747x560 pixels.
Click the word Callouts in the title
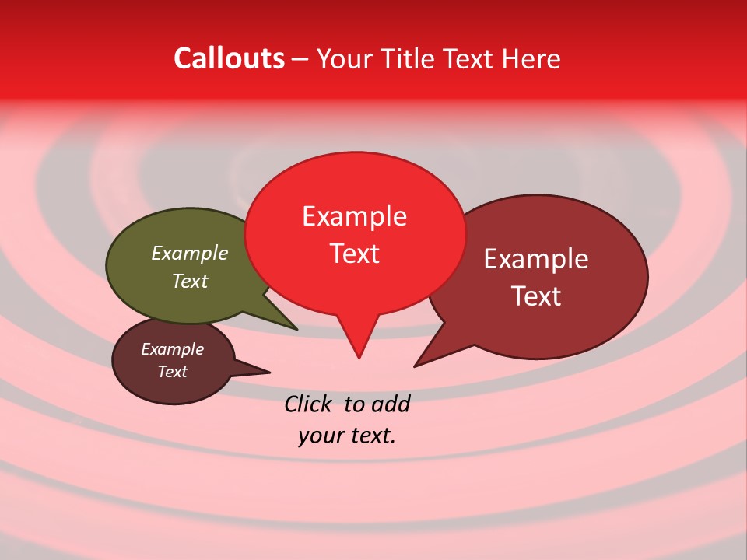[x=229, y=58]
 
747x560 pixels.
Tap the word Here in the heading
[x=531, y=58]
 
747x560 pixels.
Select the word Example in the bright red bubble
[x=354, y=216]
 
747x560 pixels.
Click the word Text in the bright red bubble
[x=354, y=254]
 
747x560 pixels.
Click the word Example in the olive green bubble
[x=189, y=253]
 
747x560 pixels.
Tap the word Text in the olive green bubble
[x=189, y=281]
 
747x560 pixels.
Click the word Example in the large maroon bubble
[x=535, y=259]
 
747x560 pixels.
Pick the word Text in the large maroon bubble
[x=535, y=296]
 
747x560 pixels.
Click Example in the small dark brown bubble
[x=172, y=349]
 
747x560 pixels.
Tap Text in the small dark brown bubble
[x=172, y=372]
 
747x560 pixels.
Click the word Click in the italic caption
[x=310, y=404]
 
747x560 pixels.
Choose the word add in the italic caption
[x=390, y=404]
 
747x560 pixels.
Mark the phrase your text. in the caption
[x=347, y=436]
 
